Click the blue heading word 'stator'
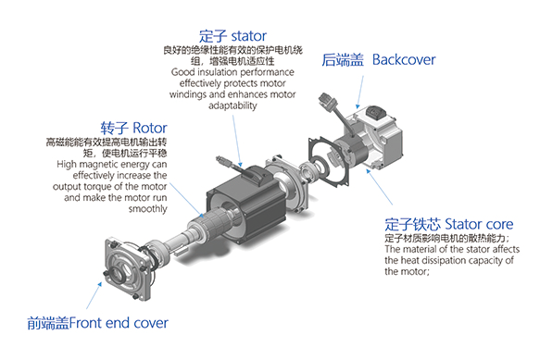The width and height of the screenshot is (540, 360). coord(248,36)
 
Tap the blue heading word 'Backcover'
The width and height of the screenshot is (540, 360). coord(404,59)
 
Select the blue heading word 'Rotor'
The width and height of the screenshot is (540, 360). coord(150,128)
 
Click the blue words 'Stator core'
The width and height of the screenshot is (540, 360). coord(479,224)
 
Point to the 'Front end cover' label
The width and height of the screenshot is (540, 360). coord(119,323)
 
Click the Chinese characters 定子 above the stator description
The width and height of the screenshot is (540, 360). coord(213,36)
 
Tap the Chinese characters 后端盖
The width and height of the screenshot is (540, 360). coord(343,60)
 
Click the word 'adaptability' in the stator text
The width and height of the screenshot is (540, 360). coord(232,106)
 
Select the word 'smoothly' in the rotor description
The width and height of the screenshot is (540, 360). coord(148,209)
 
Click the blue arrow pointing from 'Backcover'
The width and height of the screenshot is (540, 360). coord(360,93)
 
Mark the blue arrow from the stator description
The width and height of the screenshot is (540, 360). coord(237,141)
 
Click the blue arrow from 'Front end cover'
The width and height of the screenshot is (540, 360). coord(94,295)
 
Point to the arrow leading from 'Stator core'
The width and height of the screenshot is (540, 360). coord(379,187)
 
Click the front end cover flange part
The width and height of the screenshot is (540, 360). coord(128,269)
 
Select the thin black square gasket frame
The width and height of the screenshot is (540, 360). coord(330,161)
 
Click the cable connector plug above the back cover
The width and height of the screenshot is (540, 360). coord(327,101)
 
